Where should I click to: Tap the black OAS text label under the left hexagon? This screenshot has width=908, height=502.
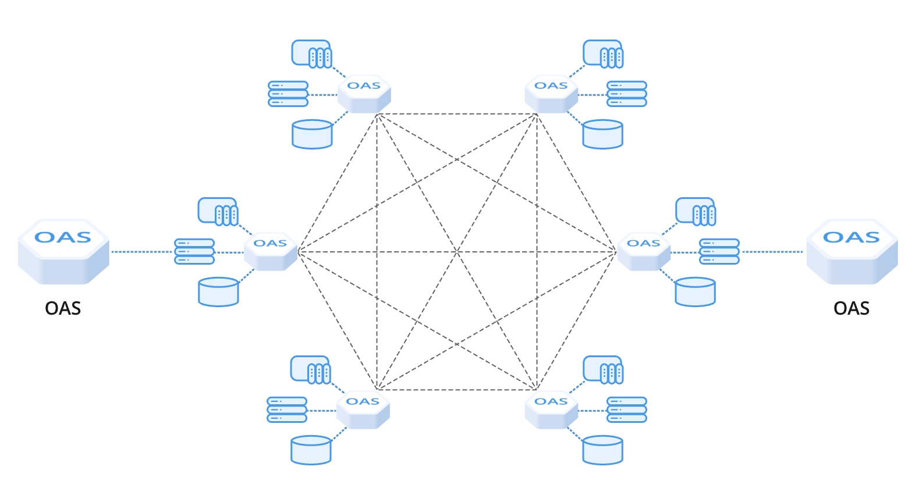pos(63,308)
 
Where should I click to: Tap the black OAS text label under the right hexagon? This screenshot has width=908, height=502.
pos(852,308)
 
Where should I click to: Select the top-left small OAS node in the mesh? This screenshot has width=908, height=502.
pos(364,94)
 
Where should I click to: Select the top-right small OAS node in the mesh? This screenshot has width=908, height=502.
pos(551,94)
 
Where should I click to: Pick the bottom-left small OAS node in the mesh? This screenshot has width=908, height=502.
pos(363,410)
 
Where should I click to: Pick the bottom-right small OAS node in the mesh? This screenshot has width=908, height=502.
pos(551,410)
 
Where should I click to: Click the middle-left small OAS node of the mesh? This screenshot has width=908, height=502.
pos(270,251)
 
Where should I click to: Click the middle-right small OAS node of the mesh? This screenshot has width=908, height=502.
pos(643,251)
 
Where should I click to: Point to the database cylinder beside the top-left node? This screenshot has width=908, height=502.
pos(312,134)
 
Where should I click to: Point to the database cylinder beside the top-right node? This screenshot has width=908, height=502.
pos(602,134)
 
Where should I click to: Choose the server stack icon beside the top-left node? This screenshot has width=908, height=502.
pos(288,94)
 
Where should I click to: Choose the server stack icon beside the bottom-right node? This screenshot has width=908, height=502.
pos(627,410)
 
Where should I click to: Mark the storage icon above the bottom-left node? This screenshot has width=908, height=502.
pos(311,370)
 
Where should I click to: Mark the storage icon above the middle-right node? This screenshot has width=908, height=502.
pos(696,212)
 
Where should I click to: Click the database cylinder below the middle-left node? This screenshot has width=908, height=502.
pos(218,292)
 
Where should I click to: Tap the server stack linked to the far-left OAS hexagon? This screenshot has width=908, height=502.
pos(194,251)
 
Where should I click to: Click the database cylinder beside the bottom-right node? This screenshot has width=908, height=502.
pos(602,450)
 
